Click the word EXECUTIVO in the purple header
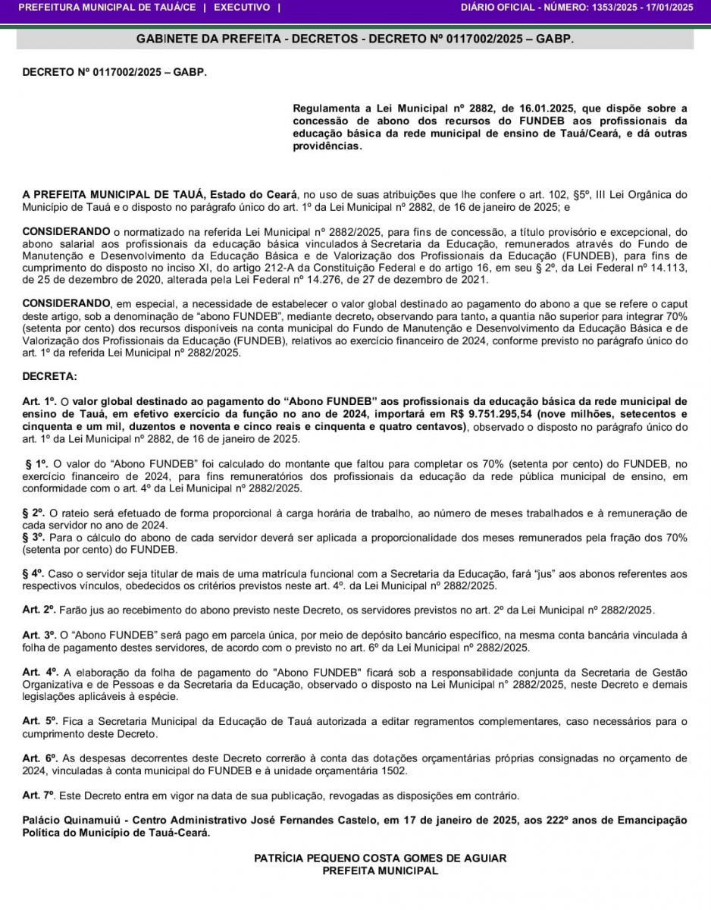(x=242, y=8)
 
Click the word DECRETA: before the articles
(x=49, y=376)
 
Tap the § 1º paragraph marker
(x=37, y=463)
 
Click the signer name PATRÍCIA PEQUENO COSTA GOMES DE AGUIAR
(x=380, y=858)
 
